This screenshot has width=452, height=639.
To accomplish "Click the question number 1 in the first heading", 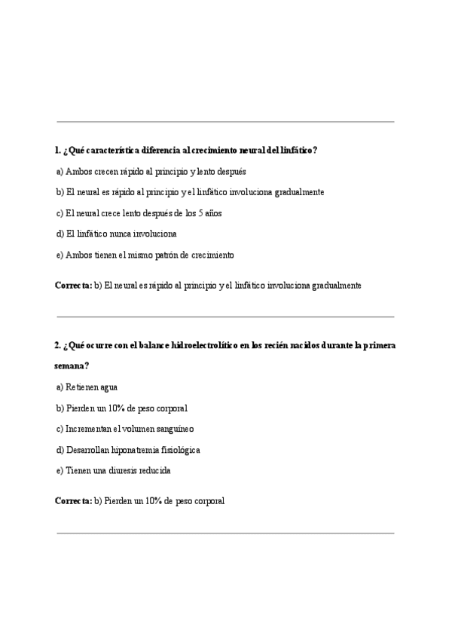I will [x=57, y=150].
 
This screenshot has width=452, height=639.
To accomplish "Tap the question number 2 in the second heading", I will [x=57, y=345].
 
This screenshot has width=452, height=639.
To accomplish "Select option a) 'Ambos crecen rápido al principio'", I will [x=151, y=171].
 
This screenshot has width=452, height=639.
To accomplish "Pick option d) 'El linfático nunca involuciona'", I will [x=116, y=234].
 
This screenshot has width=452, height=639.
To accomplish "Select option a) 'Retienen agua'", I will [x=87, y=387].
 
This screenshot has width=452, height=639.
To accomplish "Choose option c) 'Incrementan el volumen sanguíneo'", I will [x=124, y=429].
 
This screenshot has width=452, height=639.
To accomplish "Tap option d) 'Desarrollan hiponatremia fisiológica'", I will [x=127, y=450].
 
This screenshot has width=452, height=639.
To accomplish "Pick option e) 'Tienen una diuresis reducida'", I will [x=113, y=471].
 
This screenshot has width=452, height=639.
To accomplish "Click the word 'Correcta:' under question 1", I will [x=73, y=286].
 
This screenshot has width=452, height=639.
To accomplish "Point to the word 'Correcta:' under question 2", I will [x=73, y=500].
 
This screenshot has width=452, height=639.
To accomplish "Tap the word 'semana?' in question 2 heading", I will [x=72, y=366].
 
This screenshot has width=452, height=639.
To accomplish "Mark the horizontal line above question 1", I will [x=225, y=122].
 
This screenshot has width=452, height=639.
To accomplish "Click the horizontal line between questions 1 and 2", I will [x=225, y=316].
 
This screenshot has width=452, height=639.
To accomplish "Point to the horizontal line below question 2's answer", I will [x=225, y=534].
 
